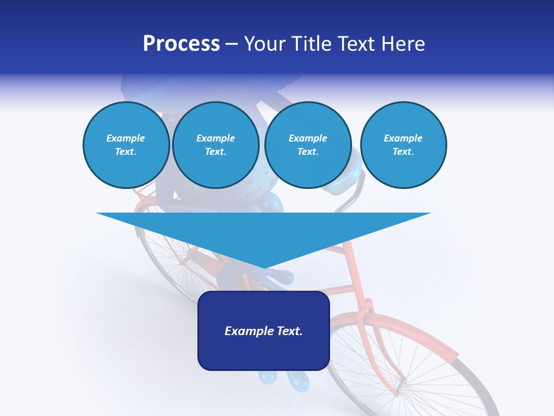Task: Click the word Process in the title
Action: coord(181,44)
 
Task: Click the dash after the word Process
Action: coord(232,44)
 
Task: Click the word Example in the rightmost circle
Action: coord(403,138)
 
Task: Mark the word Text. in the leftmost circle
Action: coord(126,152)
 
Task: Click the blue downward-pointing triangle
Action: coord(263,231)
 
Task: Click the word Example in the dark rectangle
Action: coord(248,331)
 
